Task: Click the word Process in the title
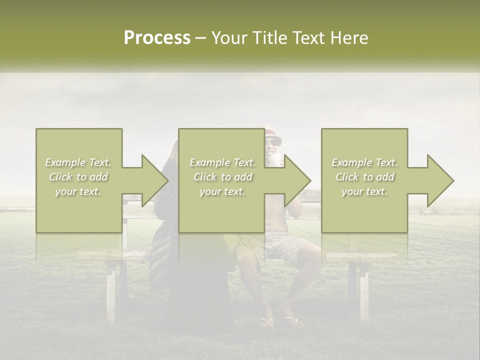[x=157, y=38]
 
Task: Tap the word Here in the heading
[x=348, y=38]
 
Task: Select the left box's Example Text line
[x=78, y=162]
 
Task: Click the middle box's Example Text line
[x=222, y=162]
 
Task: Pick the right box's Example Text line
[x=364, y=162]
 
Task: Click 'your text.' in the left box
[x=78, y=191]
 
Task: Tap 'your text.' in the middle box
[x=222, y=191]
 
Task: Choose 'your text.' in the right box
[x=364, y=191]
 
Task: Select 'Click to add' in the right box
[x=364, y=177]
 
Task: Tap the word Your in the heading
[x=228, y=38]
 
